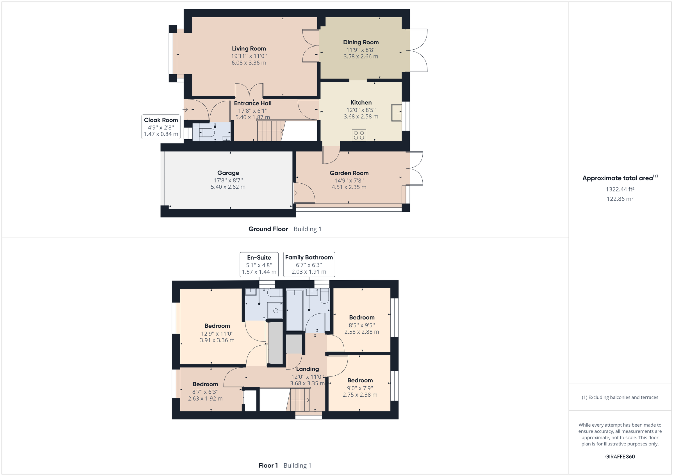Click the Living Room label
click(x=249, y=49)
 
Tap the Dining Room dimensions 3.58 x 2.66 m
click(x=361, y=57)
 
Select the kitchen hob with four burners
click(x=359, y=135)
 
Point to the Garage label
click(x=228, y=173)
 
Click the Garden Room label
click(x=349, y=173)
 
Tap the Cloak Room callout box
click(x=161, y=127)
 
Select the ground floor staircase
click(x=270, y=131)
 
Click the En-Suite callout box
click(x=259, y=264)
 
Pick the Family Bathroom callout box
click(x=309, y=264)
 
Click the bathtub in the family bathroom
click(x=294, y=310)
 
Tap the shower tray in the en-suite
click(x=275, y=311)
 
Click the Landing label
click(x=307, y=369)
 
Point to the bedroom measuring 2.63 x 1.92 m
click(x=205, y=391)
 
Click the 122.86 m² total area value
click(x=620, y=199)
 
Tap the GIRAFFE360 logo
click(x=620, y=456)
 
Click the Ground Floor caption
click(x=268, y=229)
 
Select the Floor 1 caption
click(x=268, y=465)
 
